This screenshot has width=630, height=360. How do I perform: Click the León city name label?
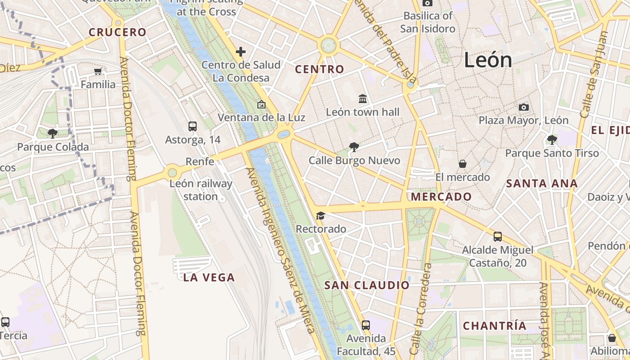[x=488, y=60]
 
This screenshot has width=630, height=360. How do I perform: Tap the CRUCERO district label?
[x=117, y=32]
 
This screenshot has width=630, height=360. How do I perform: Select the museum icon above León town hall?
[x=363, y=99]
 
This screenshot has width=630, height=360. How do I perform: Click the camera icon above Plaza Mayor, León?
[x=523, y=107]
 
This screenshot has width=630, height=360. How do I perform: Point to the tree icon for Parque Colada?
[x=53, y=133]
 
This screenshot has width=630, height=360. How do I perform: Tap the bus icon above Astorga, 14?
[x=193, y=126]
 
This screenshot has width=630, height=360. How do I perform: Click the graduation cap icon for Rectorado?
[x=320, y=216]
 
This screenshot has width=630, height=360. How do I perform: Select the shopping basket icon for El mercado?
[x=462, y=164]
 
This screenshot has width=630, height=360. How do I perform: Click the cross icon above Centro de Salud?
[x=241, y=52]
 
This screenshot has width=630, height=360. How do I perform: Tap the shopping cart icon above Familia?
[x=98, y=71]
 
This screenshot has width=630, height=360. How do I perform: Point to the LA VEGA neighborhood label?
[x=209, y=278]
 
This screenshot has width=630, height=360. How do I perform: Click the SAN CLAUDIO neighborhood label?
[x=367, y=285]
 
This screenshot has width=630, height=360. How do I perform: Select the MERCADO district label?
[x=441, y=197]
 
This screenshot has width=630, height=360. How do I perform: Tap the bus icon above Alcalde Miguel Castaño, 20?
[x=497, y=236]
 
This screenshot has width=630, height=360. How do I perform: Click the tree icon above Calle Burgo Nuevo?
[x=354, y=147]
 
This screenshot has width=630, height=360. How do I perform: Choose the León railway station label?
[x=201, y=190]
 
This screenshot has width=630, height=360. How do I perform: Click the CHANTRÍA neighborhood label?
[x=495, y=326]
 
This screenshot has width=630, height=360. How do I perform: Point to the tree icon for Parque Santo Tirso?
[x=552, y=139]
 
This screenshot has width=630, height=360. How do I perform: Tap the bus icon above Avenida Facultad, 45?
[x=366, y=324]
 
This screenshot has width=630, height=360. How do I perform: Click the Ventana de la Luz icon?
[x=261, y=104]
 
